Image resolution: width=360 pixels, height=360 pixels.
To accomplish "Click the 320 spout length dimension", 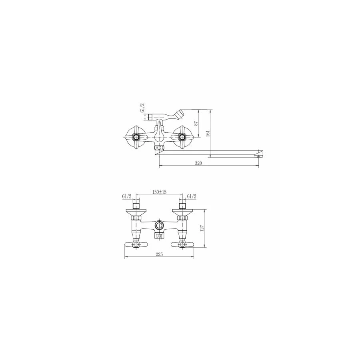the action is (x=198, y=163).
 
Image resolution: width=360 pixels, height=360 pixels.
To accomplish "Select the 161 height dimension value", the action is (x=208, y=133).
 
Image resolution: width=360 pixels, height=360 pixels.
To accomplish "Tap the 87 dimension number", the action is (x=196, y=123).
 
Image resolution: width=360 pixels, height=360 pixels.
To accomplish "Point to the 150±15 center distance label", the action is (x=159, y=192).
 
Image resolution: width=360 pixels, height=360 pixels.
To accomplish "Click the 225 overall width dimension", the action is (x=159, y=254).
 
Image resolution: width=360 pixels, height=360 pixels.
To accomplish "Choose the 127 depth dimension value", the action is (x=202, y=228).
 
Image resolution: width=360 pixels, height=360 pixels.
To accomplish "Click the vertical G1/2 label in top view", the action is (x=142, y=108).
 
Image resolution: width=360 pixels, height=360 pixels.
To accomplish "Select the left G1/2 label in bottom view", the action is (x=127, y=196).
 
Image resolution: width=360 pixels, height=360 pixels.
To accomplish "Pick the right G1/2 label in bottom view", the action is (x=192, y=196).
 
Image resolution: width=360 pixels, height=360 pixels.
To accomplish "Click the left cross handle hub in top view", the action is (x=136, y=137).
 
